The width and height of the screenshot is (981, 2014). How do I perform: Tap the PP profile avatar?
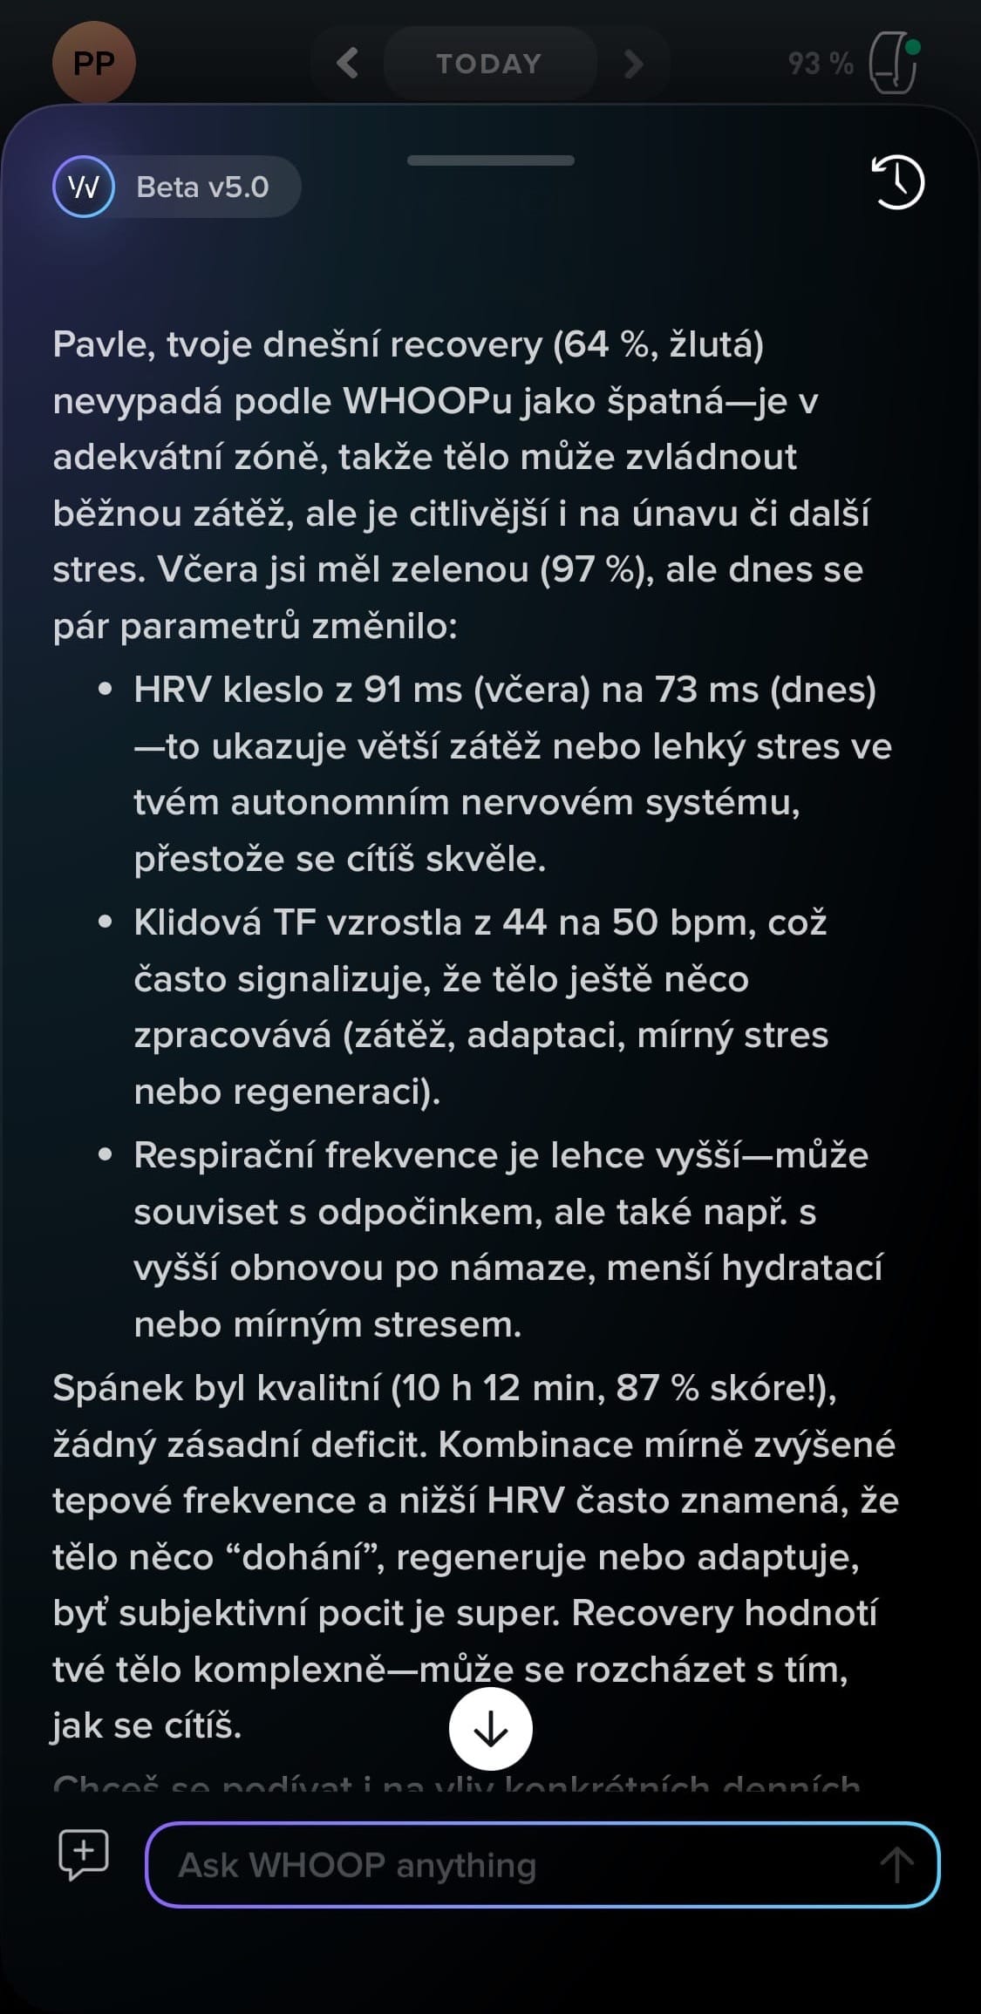point(93,63)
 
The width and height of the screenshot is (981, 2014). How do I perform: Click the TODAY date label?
point(489,64)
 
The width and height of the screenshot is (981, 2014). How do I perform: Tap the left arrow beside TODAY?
point(348,63)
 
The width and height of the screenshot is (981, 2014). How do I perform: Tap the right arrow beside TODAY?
point(634,63)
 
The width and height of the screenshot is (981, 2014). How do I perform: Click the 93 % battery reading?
point(820,64)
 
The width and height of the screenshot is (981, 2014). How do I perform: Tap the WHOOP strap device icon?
point(894,63)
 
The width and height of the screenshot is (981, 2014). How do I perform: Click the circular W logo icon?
point(84,187)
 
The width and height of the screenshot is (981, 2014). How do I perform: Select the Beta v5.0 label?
point(202,187)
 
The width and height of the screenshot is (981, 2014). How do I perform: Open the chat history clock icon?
point(897,183)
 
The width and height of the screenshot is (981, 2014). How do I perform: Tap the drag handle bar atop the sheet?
point(490,160)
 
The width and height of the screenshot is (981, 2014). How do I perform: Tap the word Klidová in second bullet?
point(197,922)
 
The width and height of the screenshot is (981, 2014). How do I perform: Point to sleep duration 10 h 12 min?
point(501,1388)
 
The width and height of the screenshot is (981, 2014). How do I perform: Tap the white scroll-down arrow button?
point(491,1729)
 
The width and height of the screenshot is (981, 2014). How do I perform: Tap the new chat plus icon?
point(83,1853)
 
